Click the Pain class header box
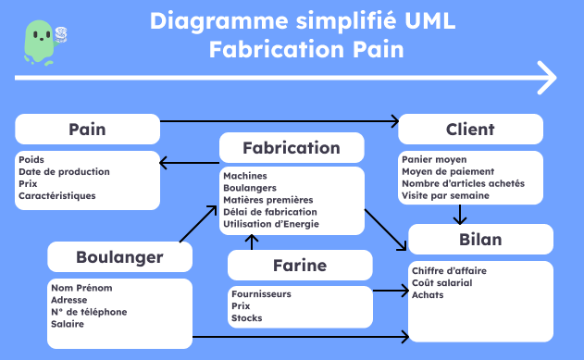point(87,130)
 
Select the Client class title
point(470,130)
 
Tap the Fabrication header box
point(291,148)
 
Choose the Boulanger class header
point(119,256)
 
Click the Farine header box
point(299,266)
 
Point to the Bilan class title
point(479,240)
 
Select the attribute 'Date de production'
point(64,171)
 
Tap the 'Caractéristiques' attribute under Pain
point(56,195)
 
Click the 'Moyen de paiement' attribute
point(448,171)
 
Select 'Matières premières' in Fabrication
point(268,200)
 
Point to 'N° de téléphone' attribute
point(90,312)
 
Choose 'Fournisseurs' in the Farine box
point(261,294)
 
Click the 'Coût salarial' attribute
point(441,282)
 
